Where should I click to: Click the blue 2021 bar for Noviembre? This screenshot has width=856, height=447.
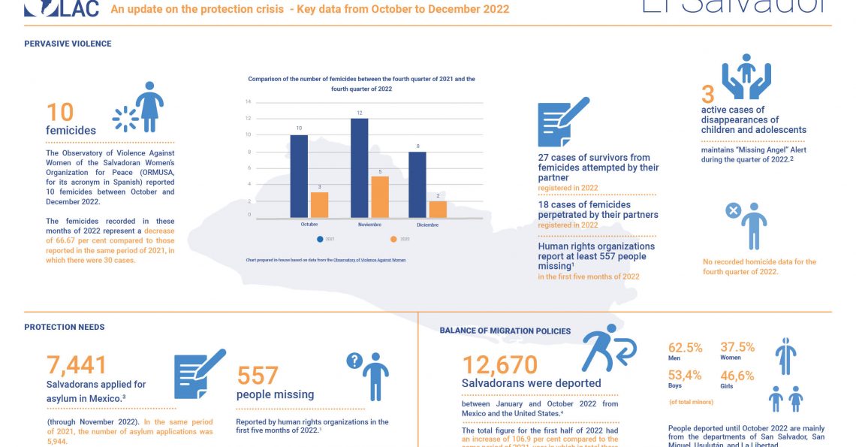(359, 168)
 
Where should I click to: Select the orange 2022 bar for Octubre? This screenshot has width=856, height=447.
(319, 204)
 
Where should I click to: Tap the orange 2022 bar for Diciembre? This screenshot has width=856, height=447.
(438, 209)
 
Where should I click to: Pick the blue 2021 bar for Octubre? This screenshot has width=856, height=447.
(299, 176)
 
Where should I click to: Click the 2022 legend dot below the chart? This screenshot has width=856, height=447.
(394, 240)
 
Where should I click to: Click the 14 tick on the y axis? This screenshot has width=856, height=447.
(248, 101)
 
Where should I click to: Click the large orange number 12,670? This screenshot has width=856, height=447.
(499, 365)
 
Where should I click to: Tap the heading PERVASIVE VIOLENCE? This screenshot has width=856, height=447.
(68, 44)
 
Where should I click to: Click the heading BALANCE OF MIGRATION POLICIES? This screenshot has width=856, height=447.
(505, 331)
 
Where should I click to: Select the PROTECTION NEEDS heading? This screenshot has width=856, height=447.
(64, 327)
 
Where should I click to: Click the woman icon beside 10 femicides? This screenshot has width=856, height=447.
(149, 107)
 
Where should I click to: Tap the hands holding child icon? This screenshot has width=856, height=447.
(746, 76)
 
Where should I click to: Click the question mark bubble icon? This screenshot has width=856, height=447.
(354, 361)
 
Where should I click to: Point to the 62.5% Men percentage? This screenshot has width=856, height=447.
(685, 348)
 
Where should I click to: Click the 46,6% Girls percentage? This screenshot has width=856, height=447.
(737, 376)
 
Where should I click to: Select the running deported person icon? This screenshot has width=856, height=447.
(607, 348)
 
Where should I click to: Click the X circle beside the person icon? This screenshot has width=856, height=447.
(733, 211)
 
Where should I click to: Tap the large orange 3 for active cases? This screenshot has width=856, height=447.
(707, 95)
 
